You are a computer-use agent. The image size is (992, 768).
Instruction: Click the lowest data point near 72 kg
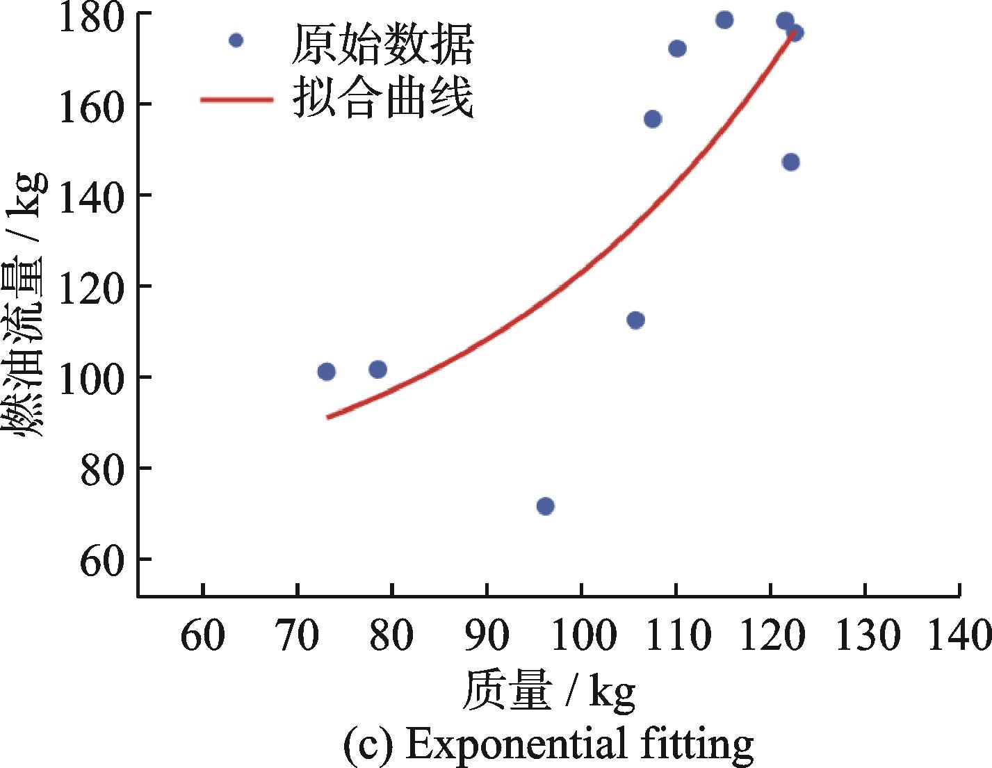click(546, 506)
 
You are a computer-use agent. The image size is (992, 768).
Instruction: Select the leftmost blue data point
click(326, 372)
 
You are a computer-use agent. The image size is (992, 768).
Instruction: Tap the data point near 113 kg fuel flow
click(635, 320)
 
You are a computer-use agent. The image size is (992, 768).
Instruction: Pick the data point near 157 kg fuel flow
click(653, 119)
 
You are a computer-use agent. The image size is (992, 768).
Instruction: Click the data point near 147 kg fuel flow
click(790, 162)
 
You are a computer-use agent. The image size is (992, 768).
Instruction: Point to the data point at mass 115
click(724, 19)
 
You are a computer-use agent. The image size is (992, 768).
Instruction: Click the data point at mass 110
click(677, 49)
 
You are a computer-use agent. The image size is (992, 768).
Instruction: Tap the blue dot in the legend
click(236, 40)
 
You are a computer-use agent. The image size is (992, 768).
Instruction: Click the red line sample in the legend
click(236, 99)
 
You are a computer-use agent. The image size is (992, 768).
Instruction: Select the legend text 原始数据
click(382, 44)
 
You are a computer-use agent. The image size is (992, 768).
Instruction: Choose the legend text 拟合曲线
click(382, 98)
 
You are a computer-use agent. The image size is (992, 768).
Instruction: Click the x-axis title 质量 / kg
click(548, 691)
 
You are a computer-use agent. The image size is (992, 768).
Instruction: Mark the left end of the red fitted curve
click(328, 417)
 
